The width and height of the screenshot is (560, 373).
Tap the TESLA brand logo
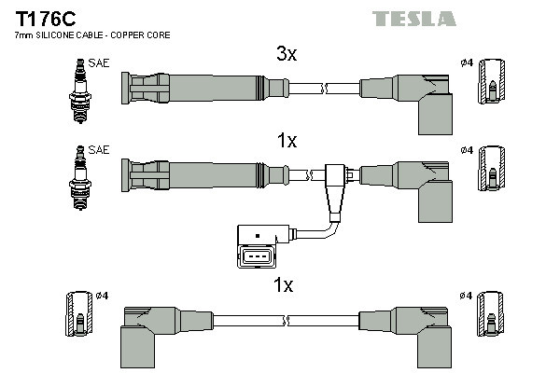(x=414, y=19)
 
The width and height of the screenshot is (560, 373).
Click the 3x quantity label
(x=287, y=55)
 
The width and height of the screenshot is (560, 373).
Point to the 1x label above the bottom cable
(x=284, y=285)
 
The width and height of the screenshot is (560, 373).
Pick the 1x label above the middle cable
(x=287, y=141)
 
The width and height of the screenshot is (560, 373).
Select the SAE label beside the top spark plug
(x=96, y=65)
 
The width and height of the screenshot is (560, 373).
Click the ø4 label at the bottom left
(x=103, y=297)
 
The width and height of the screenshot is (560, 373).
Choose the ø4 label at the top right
(x=467, y=62)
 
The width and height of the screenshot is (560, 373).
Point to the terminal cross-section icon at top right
(x=491, y=89)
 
